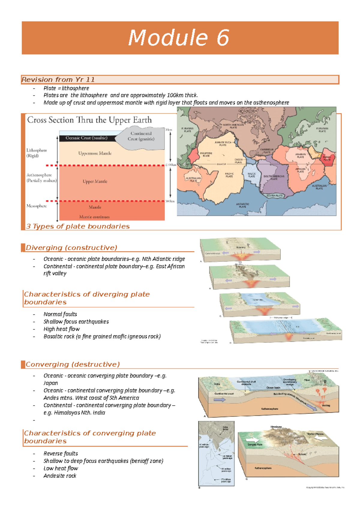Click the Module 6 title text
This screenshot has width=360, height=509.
[179, 38]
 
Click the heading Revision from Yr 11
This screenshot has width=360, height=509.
[58, 80]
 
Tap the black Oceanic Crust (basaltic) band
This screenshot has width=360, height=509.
[87, 138]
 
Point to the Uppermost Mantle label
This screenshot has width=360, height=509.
[95, 153]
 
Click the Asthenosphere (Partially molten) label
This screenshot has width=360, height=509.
[41, 178]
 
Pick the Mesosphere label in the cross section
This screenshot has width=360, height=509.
[37, 206]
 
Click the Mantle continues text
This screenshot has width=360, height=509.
[94, 217]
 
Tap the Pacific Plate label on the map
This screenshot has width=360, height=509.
[229, 175]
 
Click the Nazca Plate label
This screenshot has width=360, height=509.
[251, 175]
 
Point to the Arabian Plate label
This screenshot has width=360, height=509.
[300, 156]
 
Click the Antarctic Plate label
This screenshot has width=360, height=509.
[242, 205]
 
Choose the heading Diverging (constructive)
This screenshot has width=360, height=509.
[71, 248]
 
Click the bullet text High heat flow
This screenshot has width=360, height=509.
[61, 329]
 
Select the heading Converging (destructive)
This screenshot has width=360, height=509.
[73, 365]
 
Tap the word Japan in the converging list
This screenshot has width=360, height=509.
[51, 383]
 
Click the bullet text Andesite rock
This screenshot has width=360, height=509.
[60, 476]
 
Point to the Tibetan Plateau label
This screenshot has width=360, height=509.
[315, 434]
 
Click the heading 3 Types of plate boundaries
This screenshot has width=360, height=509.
[78, 227]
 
